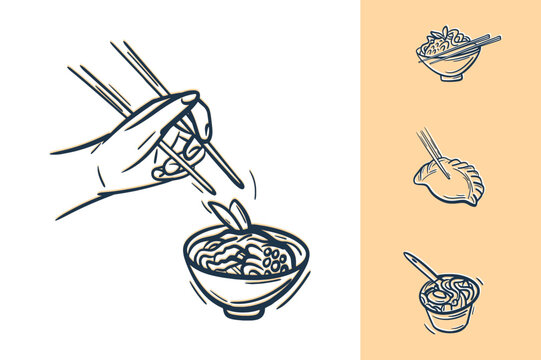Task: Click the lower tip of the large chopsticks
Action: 237,184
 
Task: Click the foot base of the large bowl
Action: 244,309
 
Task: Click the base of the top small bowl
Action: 450,76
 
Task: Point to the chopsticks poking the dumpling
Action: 431,147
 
